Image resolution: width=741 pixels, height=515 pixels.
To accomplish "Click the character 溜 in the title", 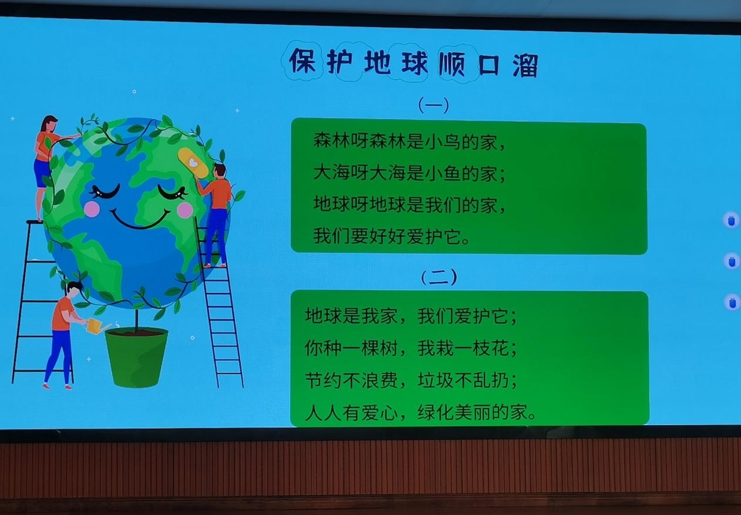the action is (526, 66).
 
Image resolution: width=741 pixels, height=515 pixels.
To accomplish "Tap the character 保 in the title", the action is (302, 60).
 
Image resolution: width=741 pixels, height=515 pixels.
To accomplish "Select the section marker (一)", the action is (434, 105).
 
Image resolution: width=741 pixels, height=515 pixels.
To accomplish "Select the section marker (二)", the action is (439, 277).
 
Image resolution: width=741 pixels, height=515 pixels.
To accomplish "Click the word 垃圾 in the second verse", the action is (435, 380).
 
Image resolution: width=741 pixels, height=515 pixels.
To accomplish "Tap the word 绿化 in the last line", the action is (435, 412).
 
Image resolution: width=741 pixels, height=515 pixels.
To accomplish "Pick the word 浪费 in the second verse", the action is (379, 380).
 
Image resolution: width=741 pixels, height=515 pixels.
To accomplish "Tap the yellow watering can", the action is (97, 326).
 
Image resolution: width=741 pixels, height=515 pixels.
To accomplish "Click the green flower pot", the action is (136, 357).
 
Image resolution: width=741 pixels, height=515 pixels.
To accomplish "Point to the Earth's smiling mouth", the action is (140, 220).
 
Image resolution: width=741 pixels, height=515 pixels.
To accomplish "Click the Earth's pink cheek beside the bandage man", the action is (184, 210).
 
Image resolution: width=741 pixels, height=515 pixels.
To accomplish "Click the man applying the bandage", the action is (215, 215).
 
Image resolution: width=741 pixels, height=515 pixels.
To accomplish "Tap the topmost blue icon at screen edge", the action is (731, 220).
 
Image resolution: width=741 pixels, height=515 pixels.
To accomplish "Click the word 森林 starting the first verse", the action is (332, 141).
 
